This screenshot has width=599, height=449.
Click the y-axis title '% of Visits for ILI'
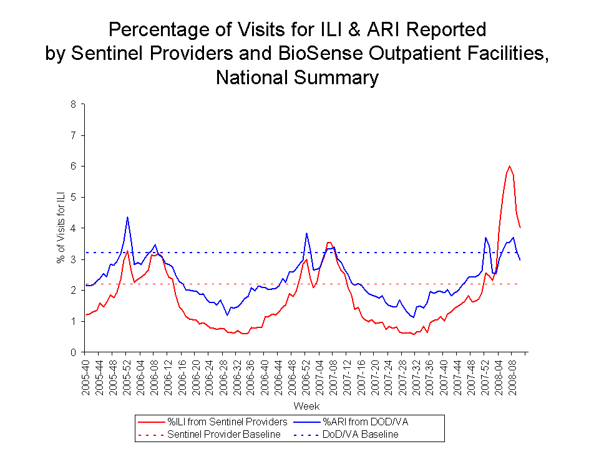(61, 228)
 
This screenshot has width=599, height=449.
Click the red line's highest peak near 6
(510, 166)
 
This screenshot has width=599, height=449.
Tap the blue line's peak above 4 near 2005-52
(127, 217)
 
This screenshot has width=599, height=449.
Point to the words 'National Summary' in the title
(297, 78)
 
